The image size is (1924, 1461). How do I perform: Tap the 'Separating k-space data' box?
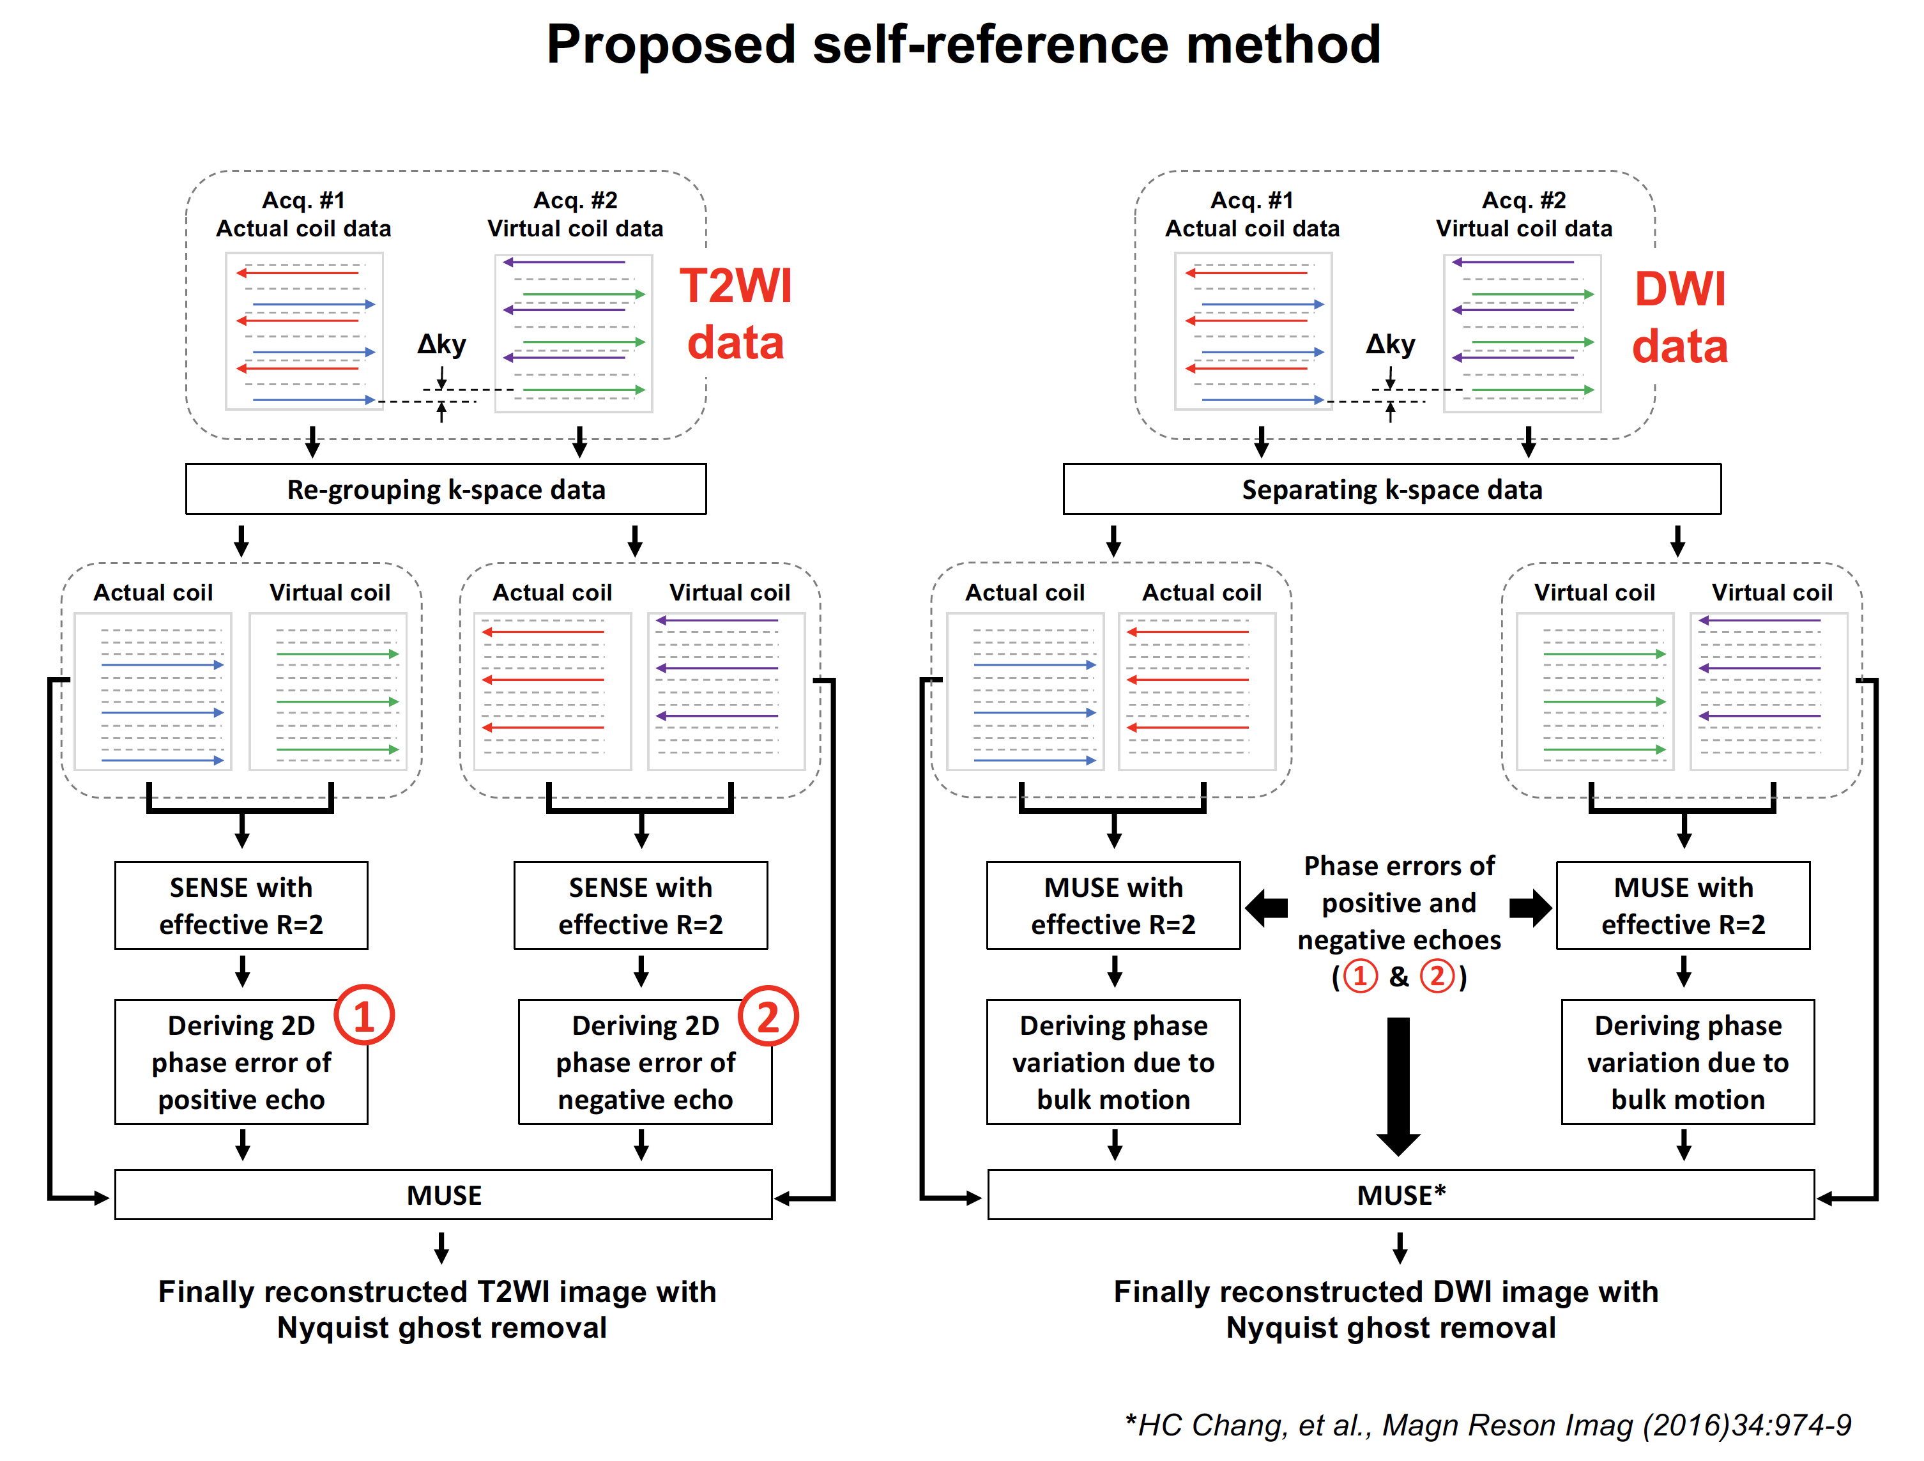pos(1392,489)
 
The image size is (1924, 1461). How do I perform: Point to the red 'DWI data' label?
pos(1679,317)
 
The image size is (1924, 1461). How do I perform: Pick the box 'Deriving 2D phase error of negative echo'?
pos(645,1063)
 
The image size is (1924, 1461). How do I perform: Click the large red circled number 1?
pos(363,1016)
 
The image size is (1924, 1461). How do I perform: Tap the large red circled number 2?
pos(768,1016)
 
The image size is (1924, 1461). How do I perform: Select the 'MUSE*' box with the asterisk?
pos(1400,1195)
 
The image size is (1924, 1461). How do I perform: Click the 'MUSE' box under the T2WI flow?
pos(443,1195)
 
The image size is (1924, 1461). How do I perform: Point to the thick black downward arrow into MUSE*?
pos(1399,1087)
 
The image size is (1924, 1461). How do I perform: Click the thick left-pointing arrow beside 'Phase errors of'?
pos(1267,908)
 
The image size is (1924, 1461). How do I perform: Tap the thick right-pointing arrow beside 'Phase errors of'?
pos(1531,908)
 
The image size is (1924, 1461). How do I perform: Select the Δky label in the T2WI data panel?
pos(442,344)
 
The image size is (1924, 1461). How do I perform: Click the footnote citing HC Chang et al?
pos(1487,1425)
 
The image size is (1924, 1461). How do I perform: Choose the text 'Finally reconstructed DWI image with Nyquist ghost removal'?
pos(1387,1310)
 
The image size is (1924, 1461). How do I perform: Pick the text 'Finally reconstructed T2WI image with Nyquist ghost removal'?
pos(438,1310)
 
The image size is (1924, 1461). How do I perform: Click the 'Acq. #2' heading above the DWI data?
pos(1524,200)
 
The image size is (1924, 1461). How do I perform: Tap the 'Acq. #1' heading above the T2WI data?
pos(303,200)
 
